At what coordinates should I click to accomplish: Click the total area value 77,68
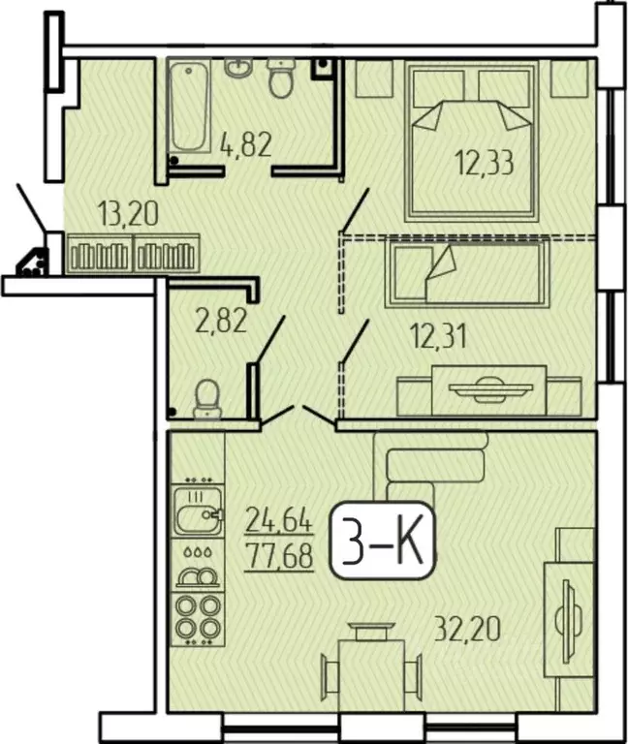coord(279,558)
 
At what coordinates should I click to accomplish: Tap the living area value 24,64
coord(279,523)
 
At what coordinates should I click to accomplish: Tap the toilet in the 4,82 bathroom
coord(281,77)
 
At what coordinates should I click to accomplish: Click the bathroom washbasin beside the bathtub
coord(238,68)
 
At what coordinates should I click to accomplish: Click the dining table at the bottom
coord(371,668)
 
